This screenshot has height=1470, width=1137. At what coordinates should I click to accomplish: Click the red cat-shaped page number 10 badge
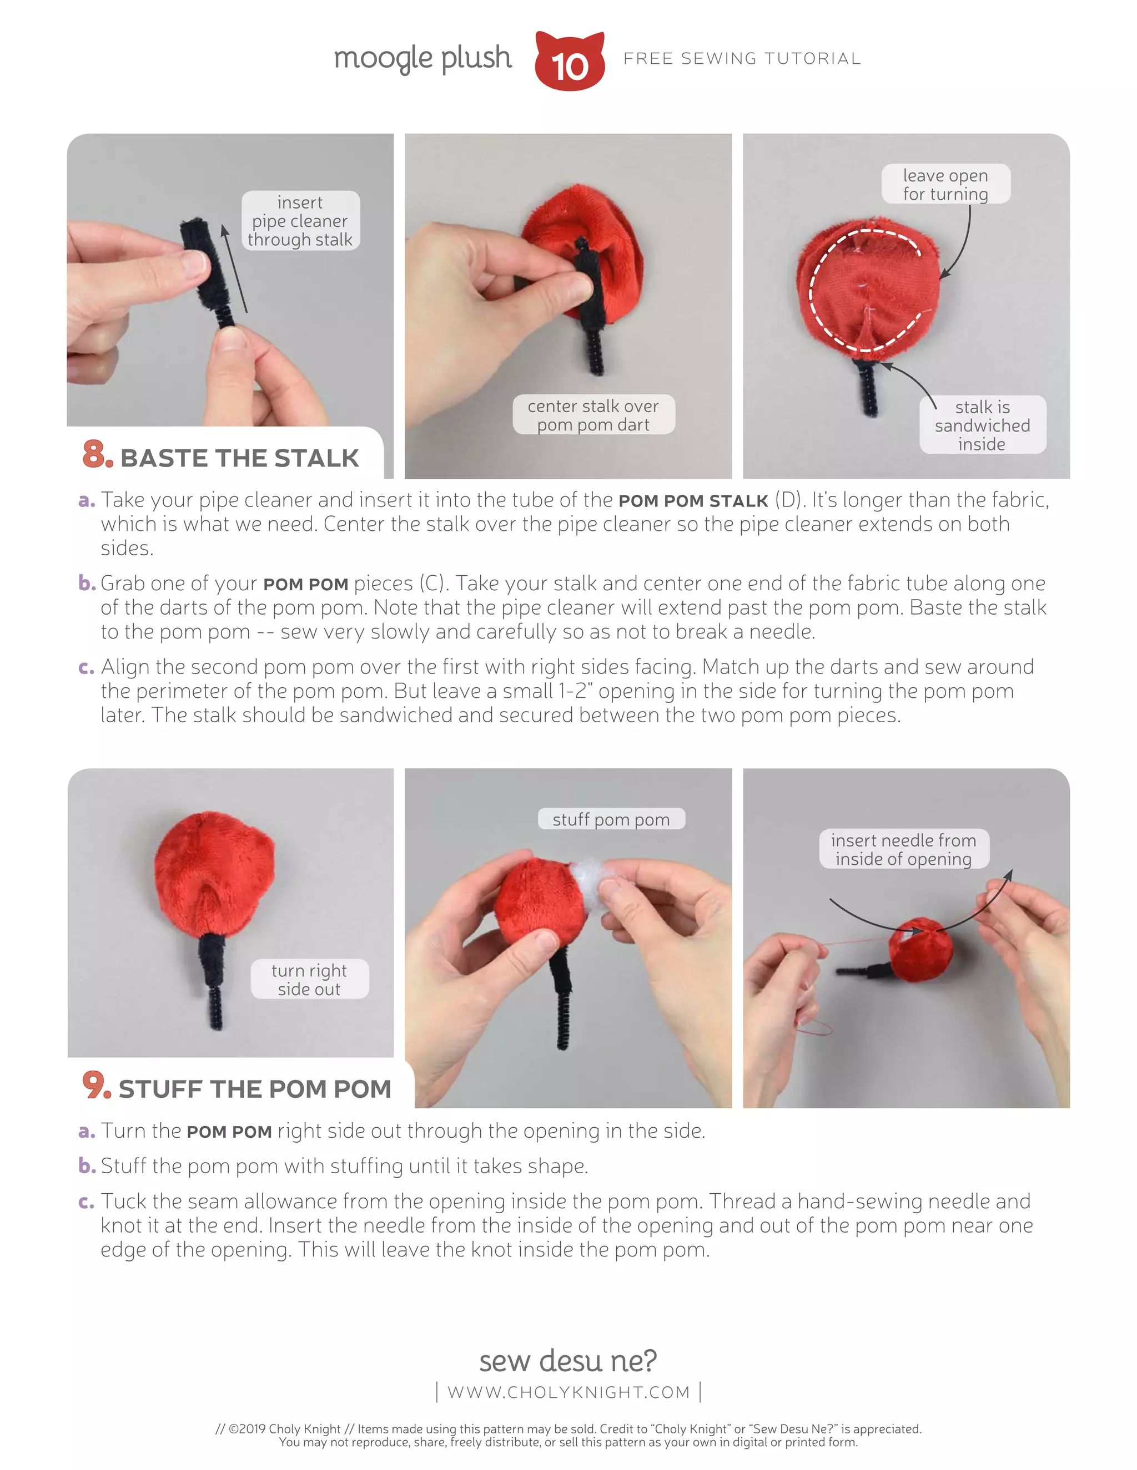point(569,63)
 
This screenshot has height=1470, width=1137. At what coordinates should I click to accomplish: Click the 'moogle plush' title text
point(422,58)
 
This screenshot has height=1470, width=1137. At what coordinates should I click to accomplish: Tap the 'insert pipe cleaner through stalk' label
point(300,221)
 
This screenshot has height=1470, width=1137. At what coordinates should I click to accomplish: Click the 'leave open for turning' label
point(945,184)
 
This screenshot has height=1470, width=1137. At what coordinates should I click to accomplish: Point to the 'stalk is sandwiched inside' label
point(982,425)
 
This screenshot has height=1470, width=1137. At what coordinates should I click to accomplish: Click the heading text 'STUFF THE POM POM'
point(255,1088)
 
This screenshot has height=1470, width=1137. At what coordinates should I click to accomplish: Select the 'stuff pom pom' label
point(611,819)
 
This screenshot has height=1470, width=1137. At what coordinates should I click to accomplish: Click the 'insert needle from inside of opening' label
point(903,849)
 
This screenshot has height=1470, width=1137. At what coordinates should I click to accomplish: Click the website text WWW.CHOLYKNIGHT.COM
point(568,1391)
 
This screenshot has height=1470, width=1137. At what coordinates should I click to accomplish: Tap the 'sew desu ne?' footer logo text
point(568,1360)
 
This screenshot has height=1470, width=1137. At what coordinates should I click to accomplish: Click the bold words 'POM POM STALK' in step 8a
point(692,501)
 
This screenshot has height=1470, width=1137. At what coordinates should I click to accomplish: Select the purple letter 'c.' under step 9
point(86,1202)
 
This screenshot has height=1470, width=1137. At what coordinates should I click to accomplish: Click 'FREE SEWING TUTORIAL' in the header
point(742,59)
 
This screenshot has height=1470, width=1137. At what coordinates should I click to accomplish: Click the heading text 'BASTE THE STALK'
point(239,458)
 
